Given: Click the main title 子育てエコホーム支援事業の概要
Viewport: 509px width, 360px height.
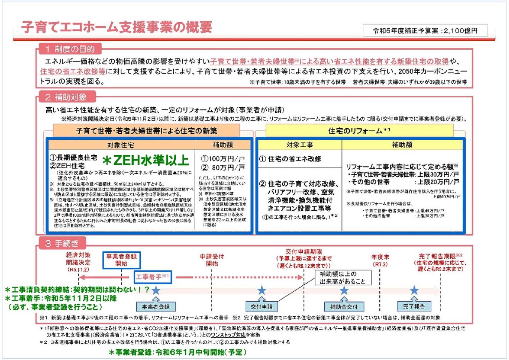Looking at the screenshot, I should [117, 27].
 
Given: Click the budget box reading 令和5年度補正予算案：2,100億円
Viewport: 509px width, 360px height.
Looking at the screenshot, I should [425, 31].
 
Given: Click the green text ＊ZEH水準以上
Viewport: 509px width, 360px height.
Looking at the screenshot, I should [146, 161].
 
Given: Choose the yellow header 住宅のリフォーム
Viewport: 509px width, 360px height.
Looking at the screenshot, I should [359, 130].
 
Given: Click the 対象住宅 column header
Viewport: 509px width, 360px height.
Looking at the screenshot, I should [121, 145].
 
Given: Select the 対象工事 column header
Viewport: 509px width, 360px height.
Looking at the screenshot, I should [300, 145].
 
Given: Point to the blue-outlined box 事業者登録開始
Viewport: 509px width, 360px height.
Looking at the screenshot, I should [122, 260].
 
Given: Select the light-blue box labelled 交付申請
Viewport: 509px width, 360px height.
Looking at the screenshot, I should [262, 307].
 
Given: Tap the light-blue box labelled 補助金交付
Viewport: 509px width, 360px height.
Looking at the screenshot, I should [344, 307].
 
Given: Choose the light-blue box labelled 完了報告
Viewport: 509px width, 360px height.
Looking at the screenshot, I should [414, 307].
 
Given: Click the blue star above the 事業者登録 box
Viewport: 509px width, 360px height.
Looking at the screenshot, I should [156, 290].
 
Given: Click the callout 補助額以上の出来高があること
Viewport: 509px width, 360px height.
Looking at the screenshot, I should [337, 278].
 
